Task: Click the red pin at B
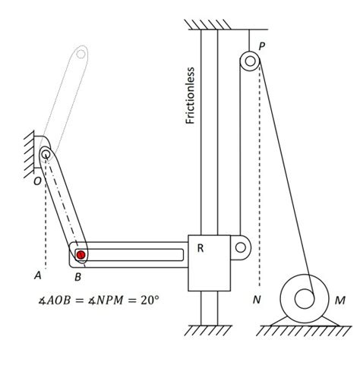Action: pos(81,254)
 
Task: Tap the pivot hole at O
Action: pos(46,153)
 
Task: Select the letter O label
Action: pos(37,181)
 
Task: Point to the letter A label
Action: pos(38,275)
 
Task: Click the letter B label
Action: pos(78,277)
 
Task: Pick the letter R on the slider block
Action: pos(201,248)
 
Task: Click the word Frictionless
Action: pos(190,96)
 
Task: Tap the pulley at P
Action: pos(250,61)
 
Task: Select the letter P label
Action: pos(262,46)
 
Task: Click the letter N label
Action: pos(257,300)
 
